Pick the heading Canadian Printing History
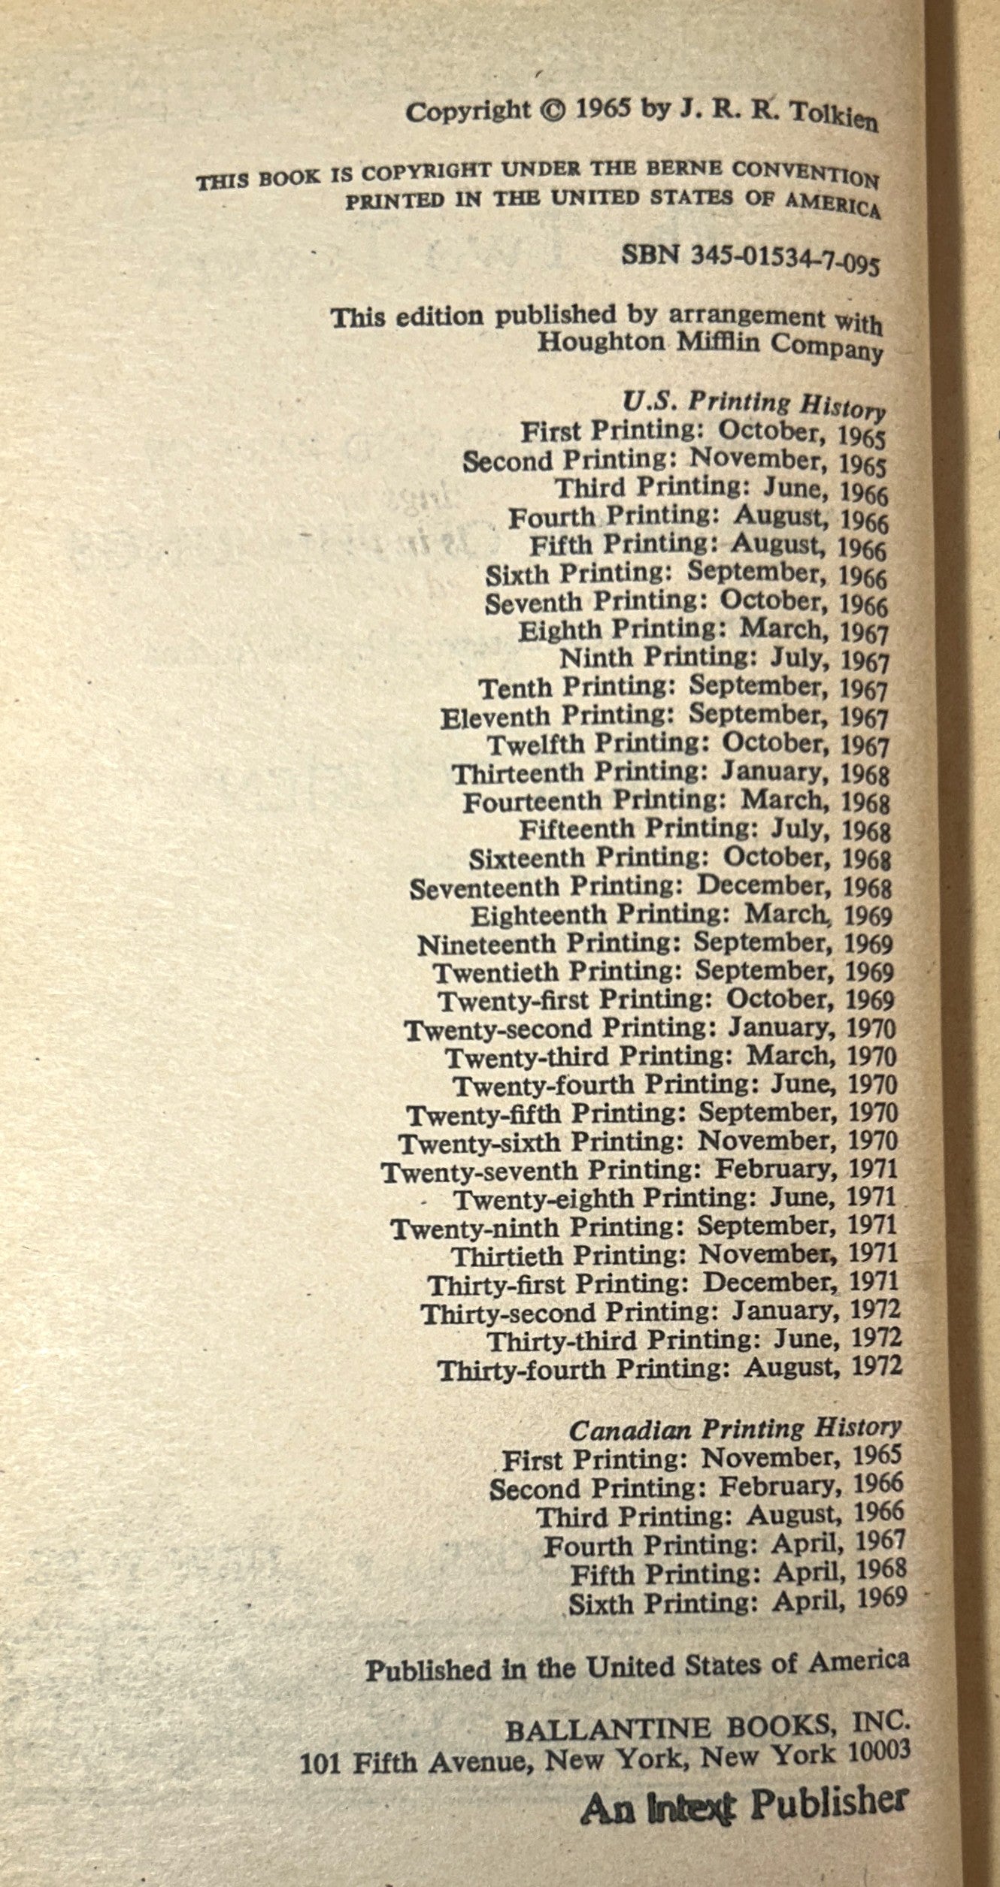[x=735, y=1429]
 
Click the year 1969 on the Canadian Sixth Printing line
[x=879, y=1598]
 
